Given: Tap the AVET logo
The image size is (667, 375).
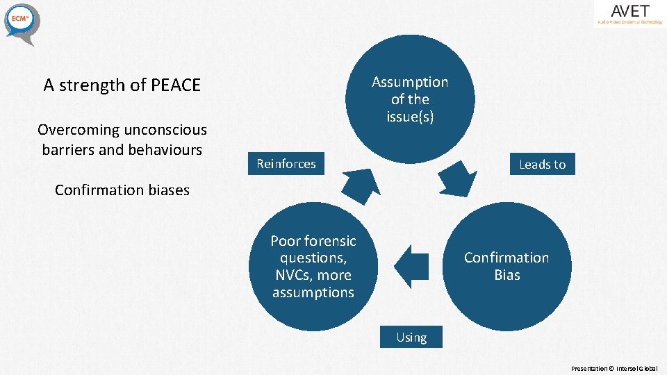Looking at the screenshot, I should tap(629, 14).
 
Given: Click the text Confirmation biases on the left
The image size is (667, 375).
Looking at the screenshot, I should tap(122, 190).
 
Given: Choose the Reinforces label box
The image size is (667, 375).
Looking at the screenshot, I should tap(286, 164).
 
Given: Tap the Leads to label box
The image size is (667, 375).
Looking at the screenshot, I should tap(542, 165).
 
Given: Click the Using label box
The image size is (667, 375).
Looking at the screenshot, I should tap(411, 337).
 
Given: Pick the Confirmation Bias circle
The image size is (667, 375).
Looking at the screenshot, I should tap(507, 266).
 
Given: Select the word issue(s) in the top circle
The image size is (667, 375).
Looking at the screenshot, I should tap(410, 117).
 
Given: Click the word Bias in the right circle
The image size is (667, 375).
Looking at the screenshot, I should tap(507, 275).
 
